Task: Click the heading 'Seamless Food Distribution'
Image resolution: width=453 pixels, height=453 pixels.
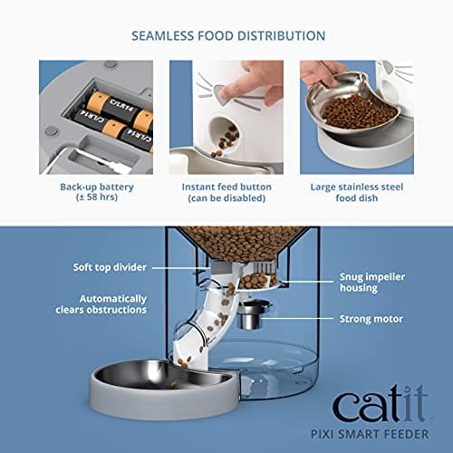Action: click(226, 36)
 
